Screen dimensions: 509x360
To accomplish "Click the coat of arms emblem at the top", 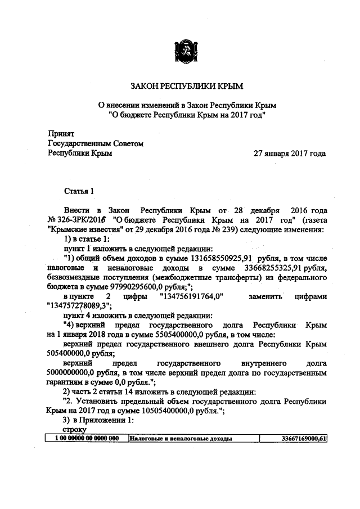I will [x=184, y=51].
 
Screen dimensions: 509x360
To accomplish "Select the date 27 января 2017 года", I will [x=289, y=153].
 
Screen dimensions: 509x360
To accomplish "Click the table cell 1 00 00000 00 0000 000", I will [x=87, y=438].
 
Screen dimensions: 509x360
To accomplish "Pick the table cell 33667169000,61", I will [x=304, y=438].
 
